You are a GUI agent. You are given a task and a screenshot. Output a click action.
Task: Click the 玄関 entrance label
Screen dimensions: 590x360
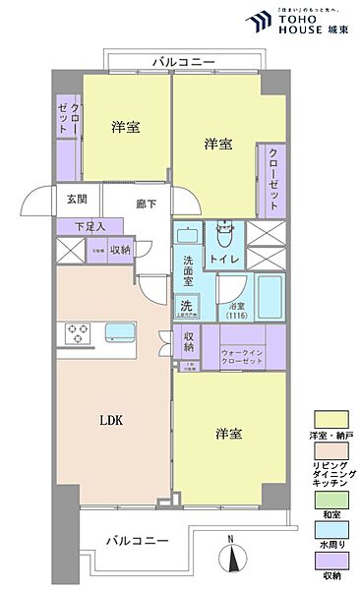point(76,199)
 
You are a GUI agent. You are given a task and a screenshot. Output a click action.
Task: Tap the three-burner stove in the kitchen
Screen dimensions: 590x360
point(78,333)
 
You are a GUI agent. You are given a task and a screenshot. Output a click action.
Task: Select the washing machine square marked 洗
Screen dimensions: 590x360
point(186,306)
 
